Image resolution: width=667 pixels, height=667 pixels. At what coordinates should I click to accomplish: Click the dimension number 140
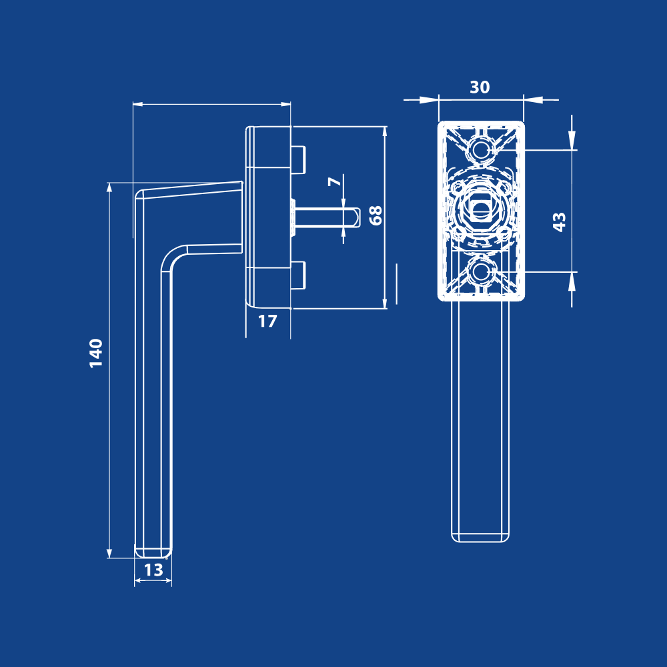[97, 353]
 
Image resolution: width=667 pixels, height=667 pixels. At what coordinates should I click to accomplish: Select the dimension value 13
[153, 570]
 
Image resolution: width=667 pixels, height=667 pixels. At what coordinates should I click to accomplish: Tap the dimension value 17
[267, 321]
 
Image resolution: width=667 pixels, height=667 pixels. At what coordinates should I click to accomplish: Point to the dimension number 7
[335, 181]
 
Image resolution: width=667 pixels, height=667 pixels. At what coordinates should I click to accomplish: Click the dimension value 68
[376, 215]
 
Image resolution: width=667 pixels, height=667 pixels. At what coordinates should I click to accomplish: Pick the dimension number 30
[480, 87]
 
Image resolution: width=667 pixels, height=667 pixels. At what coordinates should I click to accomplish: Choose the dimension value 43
[560, 221]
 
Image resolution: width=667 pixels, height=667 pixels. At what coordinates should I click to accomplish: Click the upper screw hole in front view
[480, 148]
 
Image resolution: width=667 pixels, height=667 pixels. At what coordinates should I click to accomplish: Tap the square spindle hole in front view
[480, 209]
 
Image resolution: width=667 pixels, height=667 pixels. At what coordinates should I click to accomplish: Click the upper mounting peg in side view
[298, 158]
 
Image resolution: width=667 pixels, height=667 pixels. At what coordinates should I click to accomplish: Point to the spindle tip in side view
[356, 217]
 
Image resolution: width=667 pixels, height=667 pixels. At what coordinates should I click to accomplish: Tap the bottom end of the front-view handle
[480, 536]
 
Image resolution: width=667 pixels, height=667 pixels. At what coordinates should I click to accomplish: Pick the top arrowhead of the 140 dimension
[109, 189]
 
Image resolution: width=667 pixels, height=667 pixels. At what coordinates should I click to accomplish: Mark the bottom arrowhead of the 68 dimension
[385, 303]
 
